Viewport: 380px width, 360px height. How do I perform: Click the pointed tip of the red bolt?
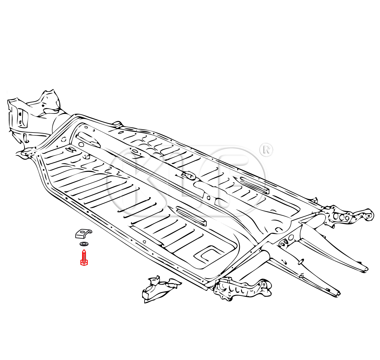(84, 250)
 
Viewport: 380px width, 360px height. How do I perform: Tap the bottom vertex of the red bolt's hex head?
(84, 266)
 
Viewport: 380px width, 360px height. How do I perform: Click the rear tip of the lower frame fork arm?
(339, 294)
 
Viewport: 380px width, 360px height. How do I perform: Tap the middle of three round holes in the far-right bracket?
(342, 217)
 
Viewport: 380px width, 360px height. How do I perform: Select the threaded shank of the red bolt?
(84, 256)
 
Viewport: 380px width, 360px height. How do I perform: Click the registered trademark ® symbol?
(266, 150)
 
